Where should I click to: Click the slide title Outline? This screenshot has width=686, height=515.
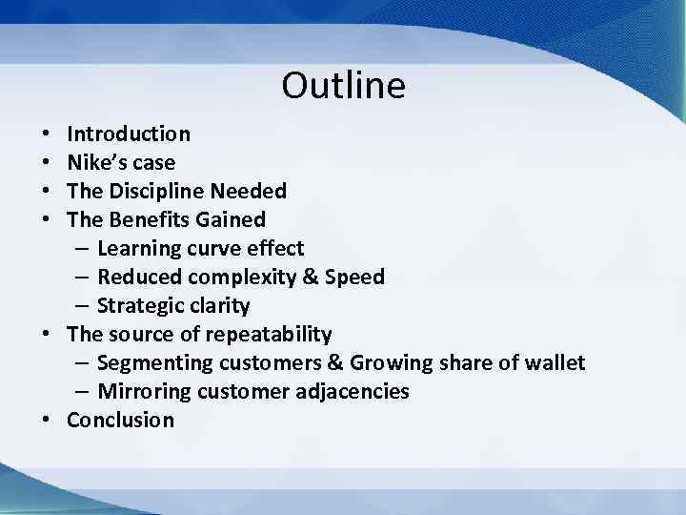(x=343, y=86)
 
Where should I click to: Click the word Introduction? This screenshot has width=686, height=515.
(x=129, y=134)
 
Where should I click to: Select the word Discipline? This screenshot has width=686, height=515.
(x=157, y=191)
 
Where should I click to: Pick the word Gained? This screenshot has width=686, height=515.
(x=231, y=219)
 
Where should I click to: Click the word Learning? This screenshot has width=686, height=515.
(x=138, y=249)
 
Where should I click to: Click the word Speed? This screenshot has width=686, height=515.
(x=354, y=278)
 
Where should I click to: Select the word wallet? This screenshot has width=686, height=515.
(x=554, y=363)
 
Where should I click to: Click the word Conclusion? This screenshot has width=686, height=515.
(x=121, y=421)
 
